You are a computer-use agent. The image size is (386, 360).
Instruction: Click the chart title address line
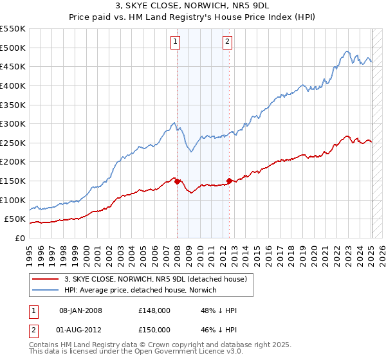[192, 6]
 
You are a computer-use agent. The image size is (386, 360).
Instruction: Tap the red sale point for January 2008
[177, 182]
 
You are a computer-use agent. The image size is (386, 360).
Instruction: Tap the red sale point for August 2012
[229, 181]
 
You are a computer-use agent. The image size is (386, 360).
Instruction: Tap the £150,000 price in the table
[154, 330]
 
